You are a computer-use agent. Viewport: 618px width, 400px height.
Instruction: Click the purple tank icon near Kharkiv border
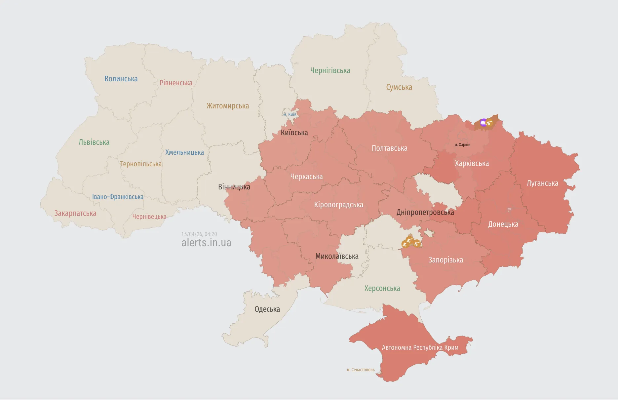point(483,123)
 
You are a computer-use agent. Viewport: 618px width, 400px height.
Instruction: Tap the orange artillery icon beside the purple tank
point(490,123)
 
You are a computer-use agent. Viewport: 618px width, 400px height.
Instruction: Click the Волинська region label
point(121,79)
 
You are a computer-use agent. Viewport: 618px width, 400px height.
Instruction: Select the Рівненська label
point(176,83)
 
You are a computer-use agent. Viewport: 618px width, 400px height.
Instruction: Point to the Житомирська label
point(228,106)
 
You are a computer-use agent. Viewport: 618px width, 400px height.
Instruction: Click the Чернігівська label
point(330,70)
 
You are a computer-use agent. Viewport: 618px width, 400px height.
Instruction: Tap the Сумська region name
point(399,87)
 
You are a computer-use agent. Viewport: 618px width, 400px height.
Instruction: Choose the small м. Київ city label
point(290,115)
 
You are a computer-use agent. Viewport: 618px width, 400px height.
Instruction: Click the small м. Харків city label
point(462,145)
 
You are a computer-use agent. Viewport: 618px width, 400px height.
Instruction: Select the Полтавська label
point(389,148)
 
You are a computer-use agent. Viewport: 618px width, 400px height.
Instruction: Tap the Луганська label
point(542,183)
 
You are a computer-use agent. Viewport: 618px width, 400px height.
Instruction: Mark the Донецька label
point(503,224)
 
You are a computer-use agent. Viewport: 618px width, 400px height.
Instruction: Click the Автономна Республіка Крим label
point(420,347)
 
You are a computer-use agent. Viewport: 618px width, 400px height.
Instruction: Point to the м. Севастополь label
point(361,370)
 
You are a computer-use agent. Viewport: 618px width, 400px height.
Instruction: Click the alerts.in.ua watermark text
point(206,243)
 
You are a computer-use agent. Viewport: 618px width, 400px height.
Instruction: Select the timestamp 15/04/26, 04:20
point(199,234)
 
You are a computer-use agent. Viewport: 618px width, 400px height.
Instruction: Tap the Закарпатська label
point(75,213)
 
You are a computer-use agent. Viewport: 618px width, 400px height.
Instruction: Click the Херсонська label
point(382,288)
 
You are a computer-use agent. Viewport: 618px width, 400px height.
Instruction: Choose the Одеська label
point(267,309)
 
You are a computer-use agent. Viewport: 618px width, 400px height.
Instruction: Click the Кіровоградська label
point(338,205)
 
